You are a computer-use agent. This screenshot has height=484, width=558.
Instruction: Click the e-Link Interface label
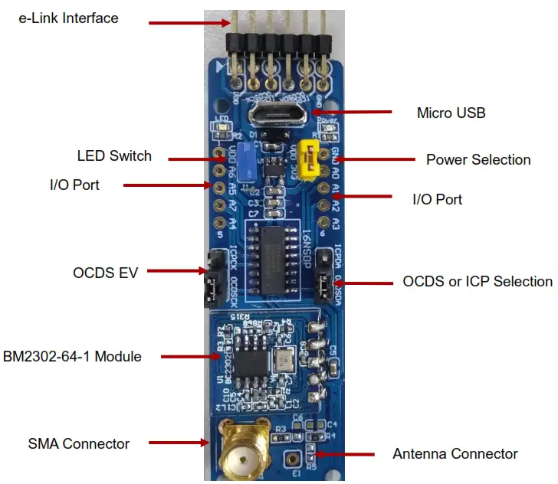(x=69, y=18)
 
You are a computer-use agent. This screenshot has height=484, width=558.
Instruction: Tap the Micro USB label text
(x=451, y=113)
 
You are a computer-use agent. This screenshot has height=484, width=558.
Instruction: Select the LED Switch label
(x=114, y=156)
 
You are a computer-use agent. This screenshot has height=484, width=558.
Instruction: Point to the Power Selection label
(x=478, y=159)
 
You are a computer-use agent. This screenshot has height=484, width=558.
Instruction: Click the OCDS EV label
(x=105, y=272)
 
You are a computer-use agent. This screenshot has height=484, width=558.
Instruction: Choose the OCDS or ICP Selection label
(x=478, y=281)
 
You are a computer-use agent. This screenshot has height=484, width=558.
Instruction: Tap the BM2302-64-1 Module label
(x=72, y=356)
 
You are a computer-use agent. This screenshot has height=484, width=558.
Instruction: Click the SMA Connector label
(x=79, y=443)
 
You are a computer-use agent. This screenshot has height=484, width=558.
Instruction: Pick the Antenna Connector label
(x=455, y=453)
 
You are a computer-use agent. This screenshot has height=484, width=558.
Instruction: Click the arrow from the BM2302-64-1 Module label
(x=189, y=356)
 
